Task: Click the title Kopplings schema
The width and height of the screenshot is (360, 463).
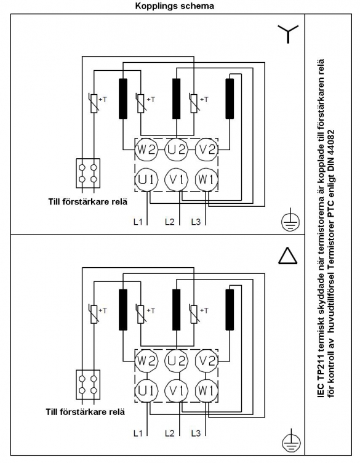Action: coord(174,6)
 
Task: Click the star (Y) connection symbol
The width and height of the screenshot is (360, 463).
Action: coord(288,33)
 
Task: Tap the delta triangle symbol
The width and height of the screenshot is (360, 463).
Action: coord(288,256)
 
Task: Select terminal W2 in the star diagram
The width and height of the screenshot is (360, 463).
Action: coord(146,150)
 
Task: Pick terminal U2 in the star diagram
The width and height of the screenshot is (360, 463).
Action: coord(177,150)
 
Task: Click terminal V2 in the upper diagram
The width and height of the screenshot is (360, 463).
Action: coord(207,150)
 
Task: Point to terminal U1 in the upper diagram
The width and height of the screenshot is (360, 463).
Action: coord(146,180)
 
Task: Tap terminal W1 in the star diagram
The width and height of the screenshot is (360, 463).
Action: coord(207,180)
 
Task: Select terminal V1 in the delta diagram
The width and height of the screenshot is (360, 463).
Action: coord(177,390)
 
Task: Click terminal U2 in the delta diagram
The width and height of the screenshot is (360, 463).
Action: coord(177,361)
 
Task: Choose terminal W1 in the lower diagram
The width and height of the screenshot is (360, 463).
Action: coord(207,390)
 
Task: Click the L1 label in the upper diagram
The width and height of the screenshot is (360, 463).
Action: coord(138,222)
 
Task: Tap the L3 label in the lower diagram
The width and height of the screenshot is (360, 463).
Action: coord(196,433)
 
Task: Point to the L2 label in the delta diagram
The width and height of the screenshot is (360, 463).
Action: coord(170,433)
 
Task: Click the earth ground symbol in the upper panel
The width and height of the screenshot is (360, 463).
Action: coord(290,220)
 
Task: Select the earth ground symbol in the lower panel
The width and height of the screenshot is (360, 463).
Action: coord(290,441)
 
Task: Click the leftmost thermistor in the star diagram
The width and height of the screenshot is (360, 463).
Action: coord(94,103)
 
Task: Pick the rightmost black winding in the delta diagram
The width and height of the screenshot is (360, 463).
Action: coord(230,310)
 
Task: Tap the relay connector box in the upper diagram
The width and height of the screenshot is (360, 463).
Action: coord(88,174)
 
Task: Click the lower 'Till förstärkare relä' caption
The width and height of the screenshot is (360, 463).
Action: coord(86,412)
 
